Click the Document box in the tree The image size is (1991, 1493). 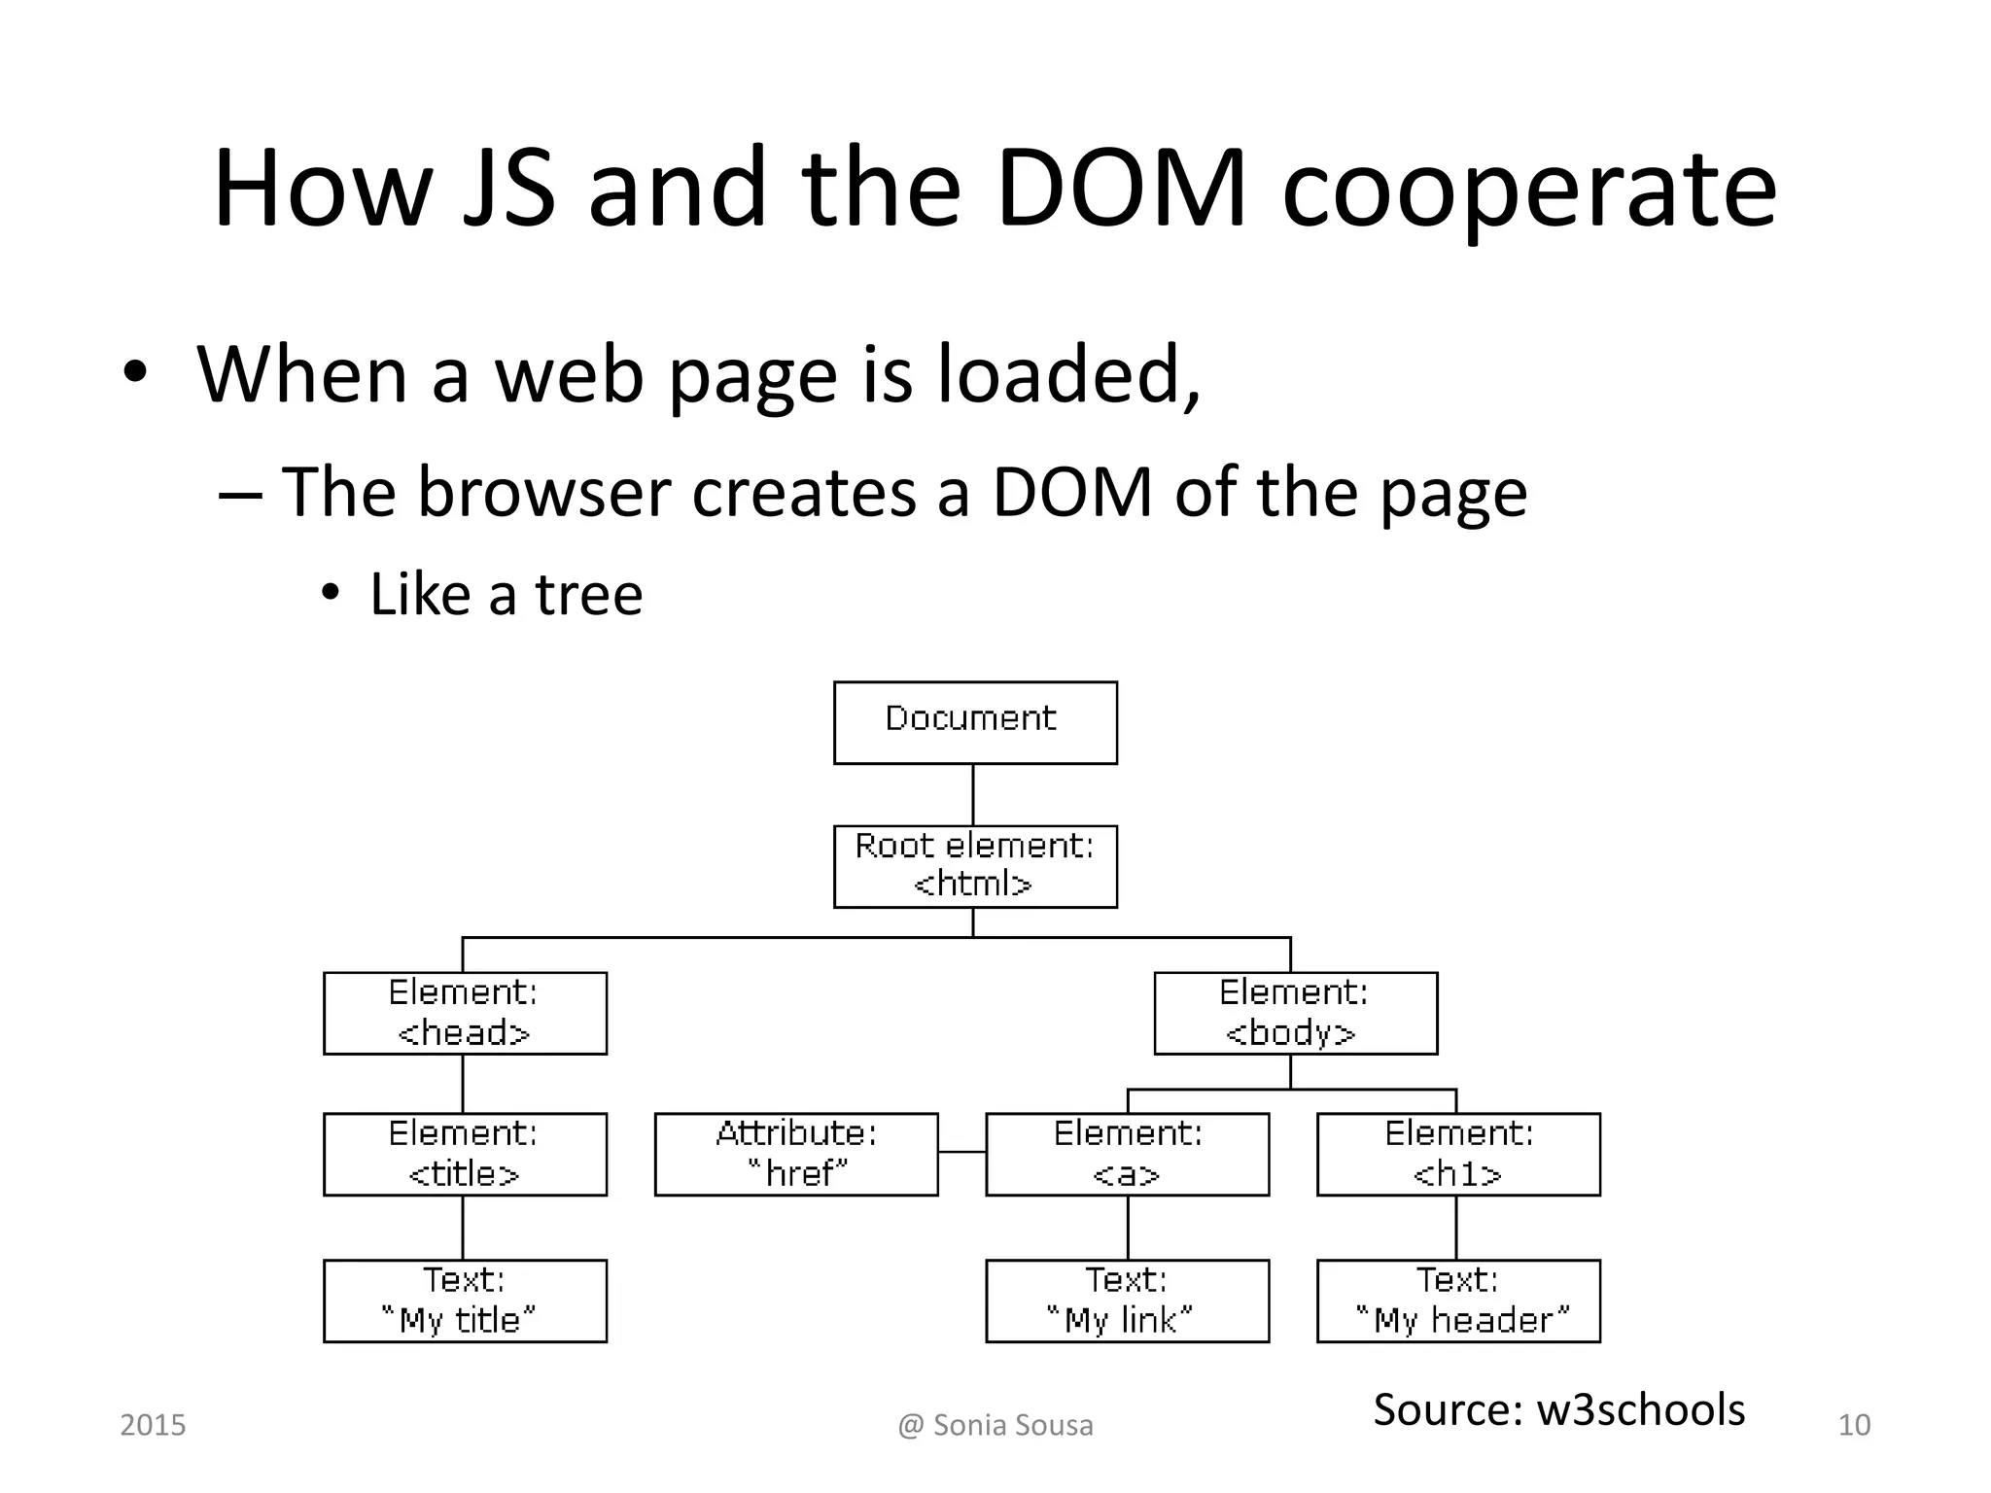(975, 722)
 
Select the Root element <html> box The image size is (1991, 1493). (975, 866)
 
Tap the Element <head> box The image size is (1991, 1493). (465, 1013)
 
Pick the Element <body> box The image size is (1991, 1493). (1295, 1013)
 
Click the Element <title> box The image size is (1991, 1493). (465, 1154)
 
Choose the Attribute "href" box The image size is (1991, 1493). (796, 1154)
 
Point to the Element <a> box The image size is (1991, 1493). (1127, 1154)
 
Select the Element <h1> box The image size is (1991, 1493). (1458, 1154)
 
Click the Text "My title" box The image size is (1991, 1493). (465, 1301)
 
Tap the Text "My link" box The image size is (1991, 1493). (1127, 1301)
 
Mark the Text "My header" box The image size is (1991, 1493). (1458, 1301)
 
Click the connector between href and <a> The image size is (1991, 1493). (961, 1152)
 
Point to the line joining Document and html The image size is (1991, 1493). (973, 794)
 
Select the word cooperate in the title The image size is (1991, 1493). (1529, 190)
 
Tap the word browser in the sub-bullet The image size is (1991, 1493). (544, 492)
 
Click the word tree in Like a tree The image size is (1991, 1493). (589, 594)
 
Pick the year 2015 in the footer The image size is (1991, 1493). (153, 1425)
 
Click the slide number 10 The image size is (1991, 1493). (1854, 1425)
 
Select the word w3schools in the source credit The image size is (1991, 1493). (1641, 1409)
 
